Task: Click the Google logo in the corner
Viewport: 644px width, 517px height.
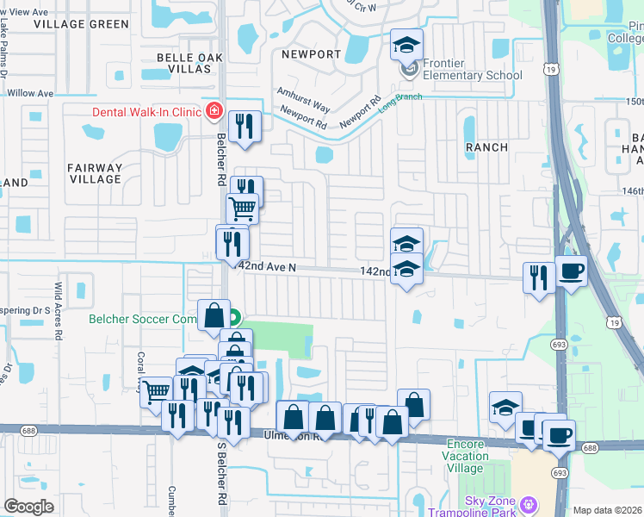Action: point(28,507)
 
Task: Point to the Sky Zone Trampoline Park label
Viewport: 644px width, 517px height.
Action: point(479,507)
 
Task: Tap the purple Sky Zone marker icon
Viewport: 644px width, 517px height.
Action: point(529,502)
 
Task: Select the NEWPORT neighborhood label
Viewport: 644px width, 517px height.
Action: point(311,54)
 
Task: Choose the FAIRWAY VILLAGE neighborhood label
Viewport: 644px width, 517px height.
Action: point(96,173)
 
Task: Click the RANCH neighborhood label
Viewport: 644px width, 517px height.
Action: point(487,147)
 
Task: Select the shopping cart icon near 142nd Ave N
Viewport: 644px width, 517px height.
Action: point(242,208)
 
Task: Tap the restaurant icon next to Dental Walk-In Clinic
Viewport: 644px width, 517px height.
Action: point(244,126)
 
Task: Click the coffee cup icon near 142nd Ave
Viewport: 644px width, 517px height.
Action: point(571,271)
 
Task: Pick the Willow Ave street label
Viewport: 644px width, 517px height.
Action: point(29,93)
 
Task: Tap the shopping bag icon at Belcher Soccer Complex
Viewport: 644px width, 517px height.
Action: point(214,316)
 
